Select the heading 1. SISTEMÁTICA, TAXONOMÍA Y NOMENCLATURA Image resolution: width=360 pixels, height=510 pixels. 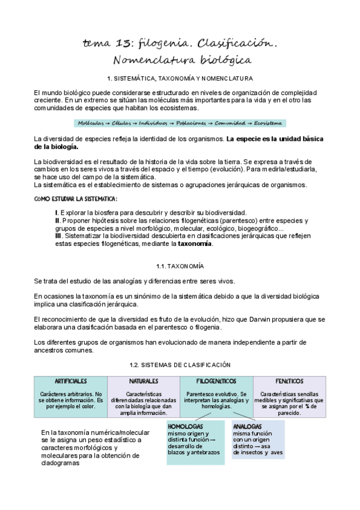(x=180, y=79)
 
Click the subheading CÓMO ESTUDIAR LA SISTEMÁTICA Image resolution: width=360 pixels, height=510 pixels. (x=76, y=199)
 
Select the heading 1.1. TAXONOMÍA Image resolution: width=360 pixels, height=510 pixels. (x=180, y=265)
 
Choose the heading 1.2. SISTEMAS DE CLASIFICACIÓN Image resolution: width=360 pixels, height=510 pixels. (x=180, y=365)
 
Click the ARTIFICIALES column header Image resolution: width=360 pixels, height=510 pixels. (x=71, y=381)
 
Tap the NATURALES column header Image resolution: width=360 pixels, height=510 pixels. (x=144, y=381)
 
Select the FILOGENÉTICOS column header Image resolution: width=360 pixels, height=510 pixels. (x=216, y=381)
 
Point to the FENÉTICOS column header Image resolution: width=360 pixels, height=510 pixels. (x=289, y=381)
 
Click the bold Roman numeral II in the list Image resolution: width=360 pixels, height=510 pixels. (x=56, y=221)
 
